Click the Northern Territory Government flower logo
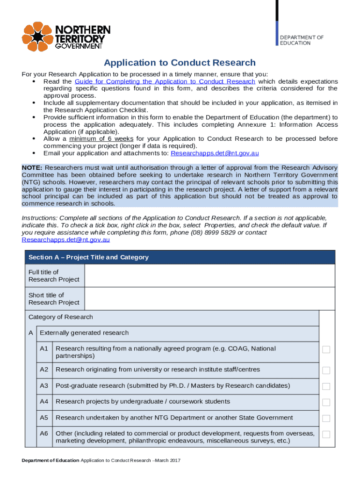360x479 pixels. [x=37, y=36]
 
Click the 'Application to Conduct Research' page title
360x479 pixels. [x=180, y=63]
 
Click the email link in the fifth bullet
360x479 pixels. [x=215, y=153]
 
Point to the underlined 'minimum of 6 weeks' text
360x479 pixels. [x=101, y=138]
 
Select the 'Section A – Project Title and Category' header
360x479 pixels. [x=88, y=257]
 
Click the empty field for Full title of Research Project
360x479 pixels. [x=209, y=276]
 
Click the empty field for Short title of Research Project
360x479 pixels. [x=209, y=298]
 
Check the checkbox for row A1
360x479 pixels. [x=326, y=350]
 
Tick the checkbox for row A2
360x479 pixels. [x=326, y=370]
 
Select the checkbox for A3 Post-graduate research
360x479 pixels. [x=326, y=386]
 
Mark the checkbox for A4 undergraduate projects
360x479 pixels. [x=326, y=402]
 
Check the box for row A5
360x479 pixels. [x=326, y=418]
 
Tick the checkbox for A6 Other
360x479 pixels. [x=326, y=435]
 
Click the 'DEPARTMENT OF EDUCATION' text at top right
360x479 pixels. [x=302, y=40]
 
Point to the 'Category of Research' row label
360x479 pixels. [x=61, y=317]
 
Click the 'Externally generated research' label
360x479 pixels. [x=84, y=333]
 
